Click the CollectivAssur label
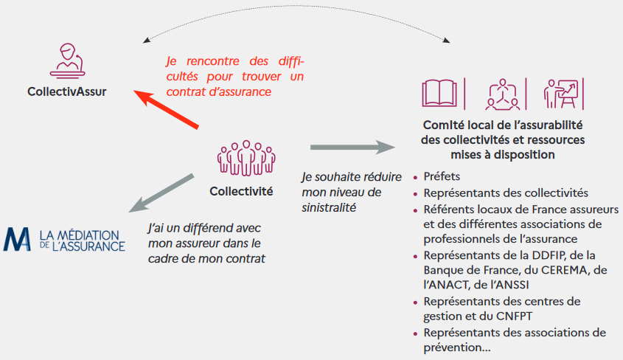click(67, 91)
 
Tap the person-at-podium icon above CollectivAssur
click(68, 60)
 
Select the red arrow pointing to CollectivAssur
click(166, 109)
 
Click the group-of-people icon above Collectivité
click(246, 158)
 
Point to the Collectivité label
click(241, 192)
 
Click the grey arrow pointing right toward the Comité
click(352, 147)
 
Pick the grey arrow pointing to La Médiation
click(161, 193)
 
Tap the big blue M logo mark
click(17, 239)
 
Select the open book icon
click(439, 94)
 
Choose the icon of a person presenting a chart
click(561, 94)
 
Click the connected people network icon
click(503, 94)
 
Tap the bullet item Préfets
click(442, 176)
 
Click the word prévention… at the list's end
click(457, 347)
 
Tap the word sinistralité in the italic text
click(329, 207)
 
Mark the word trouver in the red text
click(262, 76)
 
